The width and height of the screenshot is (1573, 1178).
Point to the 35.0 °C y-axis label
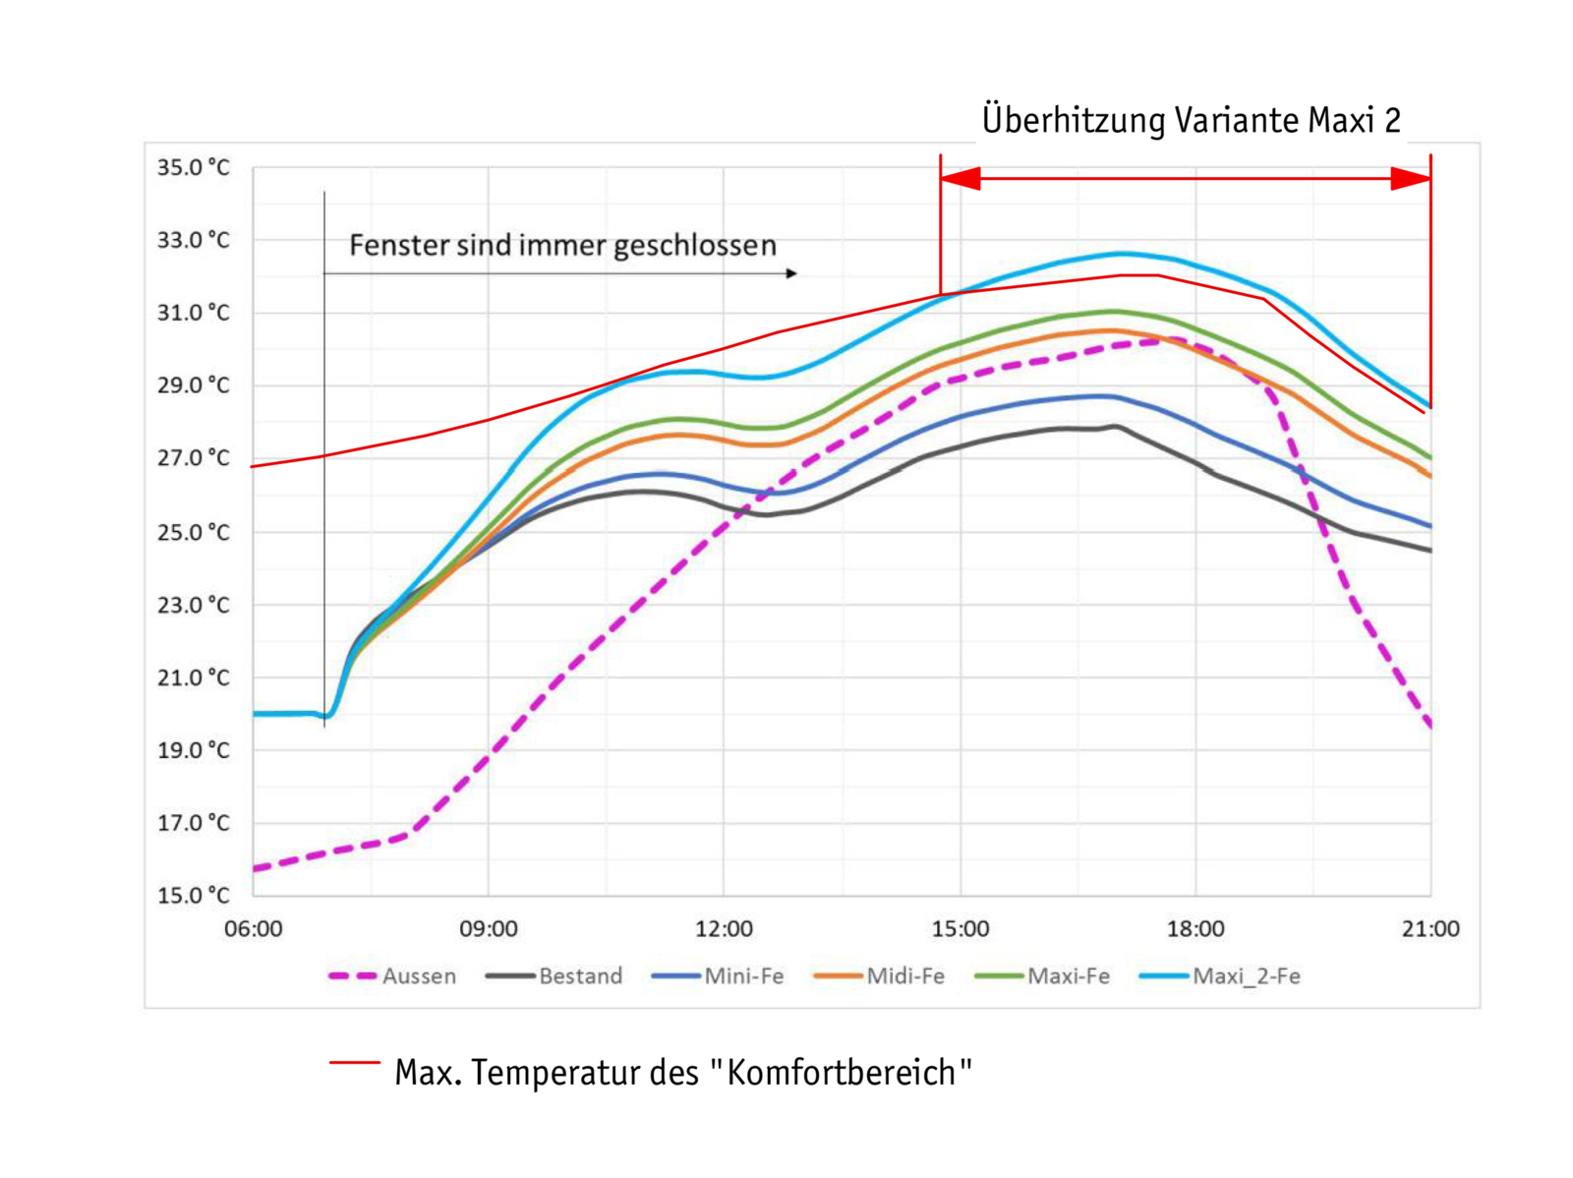pyautogui.click(x=194, y=167)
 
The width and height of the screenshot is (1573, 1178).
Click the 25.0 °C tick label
pyautogui.click(x=194, y=532)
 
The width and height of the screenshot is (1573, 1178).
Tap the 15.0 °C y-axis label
pyautogui.click(x=194, y=895)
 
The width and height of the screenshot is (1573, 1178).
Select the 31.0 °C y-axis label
pyautogui.click(x=194, y=313)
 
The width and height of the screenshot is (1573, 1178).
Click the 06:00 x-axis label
pyautogui.click(x=253, y=929)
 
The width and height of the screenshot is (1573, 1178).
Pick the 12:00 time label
pyautogui.click(x=724, y=929)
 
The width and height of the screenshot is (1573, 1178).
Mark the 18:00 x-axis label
pyautogui.click(x=1195, y=929)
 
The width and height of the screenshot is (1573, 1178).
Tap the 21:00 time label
pyautogui.click(x=1430, y=929)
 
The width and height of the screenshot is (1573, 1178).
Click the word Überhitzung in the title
pyautogui.click(x=1073, y=120)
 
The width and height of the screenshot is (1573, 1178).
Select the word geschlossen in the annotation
pyautogui.click(x=695, y=245)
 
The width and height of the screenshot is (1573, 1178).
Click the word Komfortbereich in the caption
pyautogui.click(x=842, y=1072)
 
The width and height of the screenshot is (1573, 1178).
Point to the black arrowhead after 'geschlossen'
pyautogui.click(x=791, y=273)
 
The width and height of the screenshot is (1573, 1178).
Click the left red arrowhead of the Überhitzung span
pyautogui.click(x=961, y=179)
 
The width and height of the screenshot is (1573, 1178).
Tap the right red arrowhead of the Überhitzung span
pyautogui.click(x=1411, y=179)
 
